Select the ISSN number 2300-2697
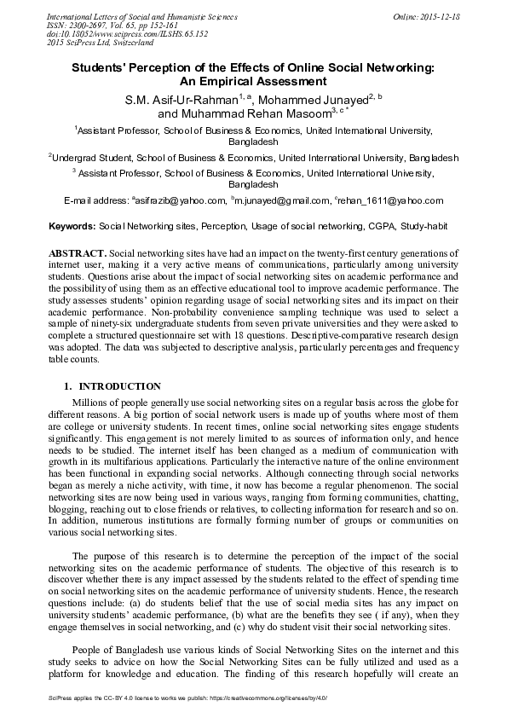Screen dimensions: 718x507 click(84, 26)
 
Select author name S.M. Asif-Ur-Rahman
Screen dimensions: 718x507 click(177, 100)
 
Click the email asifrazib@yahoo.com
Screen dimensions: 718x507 click(180, 201)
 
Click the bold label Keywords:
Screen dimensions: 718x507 click(72, 228)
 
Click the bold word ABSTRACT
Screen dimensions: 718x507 click(78, 254)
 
